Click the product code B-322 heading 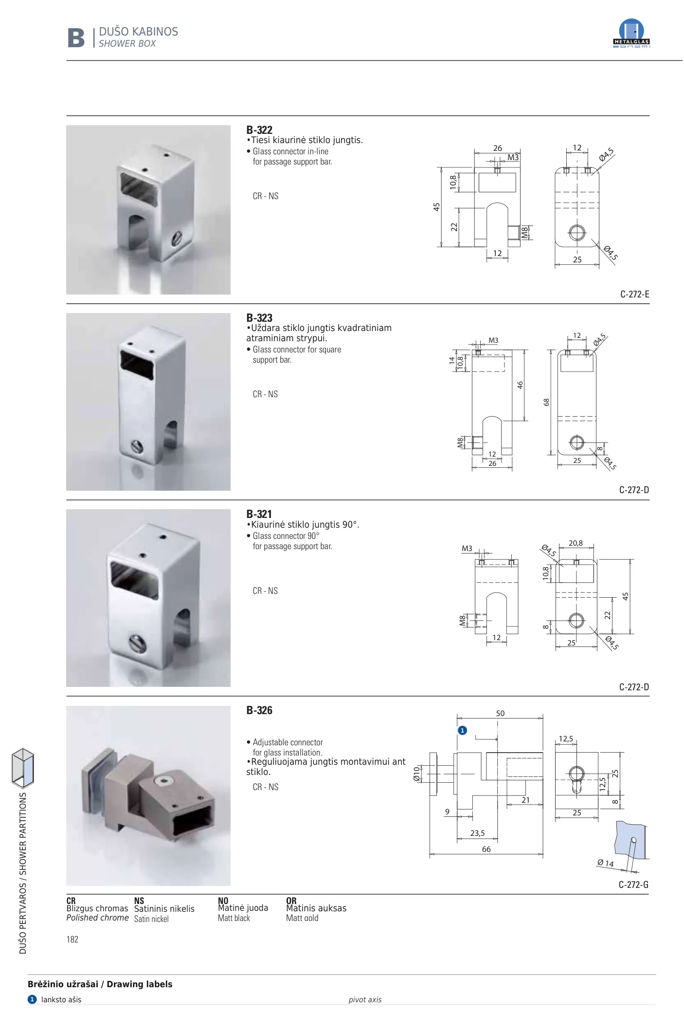259,130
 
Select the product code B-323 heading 259,318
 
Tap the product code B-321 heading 259,514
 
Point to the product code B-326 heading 259,710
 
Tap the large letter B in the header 76,38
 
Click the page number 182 72,940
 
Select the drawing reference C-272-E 635,294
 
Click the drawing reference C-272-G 633,885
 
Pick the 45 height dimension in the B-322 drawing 436,207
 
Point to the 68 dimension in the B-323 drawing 546,402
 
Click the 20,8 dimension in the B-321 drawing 576,543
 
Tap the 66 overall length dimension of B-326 486,849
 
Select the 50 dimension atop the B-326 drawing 500,714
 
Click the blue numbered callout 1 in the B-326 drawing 462,730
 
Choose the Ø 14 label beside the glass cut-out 605,863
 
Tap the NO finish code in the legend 223,901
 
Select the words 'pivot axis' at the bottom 365,1000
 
